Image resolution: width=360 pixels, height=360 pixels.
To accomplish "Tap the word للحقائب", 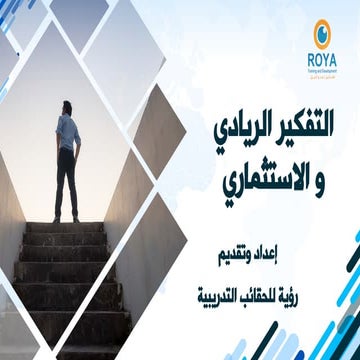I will pyautogui.click(x=277, y=273).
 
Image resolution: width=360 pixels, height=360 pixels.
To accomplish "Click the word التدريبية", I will pyautogui.click(x=223, y=273).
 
